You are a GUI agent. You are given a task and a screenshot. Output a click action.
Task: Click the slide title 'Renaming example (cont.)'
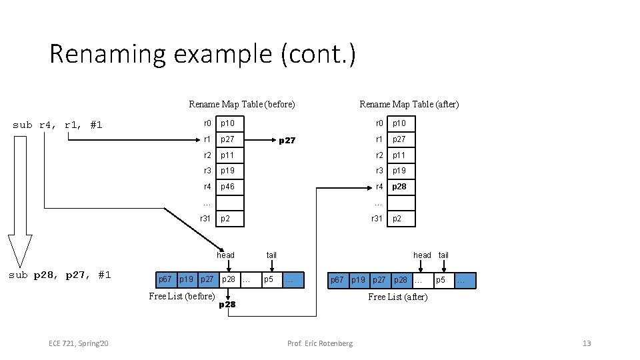click(x=203, y=53)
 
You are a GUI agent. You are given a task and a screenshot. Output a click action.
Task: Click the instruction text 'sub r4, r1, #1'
click(x=58, y=125)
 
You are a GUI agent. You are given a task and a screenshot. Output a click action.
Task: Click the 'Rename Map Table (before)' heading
click(x=242, y=104)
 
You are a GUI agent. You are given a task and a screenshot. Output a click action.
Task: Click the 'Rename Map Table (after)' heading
click(x=409, y=104)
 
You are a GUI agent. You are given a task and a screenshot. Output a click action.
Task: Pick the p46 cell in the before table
click(x=229, y=187)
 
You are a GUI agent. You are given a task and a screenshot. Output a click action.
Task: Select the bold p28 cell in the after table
click(x=399, y=187)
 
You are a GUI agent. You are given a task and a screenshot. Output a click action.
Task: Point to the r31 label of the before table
click(x=206, y=219)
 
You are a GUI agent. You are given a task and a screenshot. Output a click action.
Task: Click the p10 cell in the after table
click(x=399, y=123)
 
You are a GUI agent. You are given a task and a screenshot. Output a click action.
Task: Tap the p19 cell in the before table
click(x=229, y=171)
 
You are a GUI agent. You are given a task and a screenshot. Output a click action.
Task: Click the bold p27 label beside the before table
click(x=287, y=141)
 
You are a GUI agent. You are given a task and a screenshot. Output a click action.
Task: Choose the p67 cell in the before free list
click(x=165, y=279)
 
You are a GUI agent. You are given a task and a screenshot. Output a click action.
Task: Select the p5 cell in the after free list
click(x=441, y=280)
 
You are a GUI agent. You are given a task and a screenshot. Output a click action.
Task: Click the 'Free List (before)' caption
click(x=182, y=296)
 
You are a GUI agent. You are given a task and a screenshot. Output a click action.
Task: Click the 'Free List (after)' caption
click(x=398, y=297)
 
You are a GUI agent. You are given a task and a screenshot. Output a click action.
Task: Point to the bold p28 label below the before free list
click(x=227, y=305)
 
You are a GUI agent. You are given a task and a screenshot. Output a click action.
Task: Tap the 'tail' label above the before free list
click(x=271, y=255)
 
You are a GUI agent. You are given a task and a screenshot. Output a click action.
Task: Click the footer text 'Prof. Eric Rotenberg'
click(x=320, y=343)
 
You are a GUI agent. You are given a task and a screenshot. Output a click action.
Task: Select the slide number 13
click(x=587, y=343)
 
